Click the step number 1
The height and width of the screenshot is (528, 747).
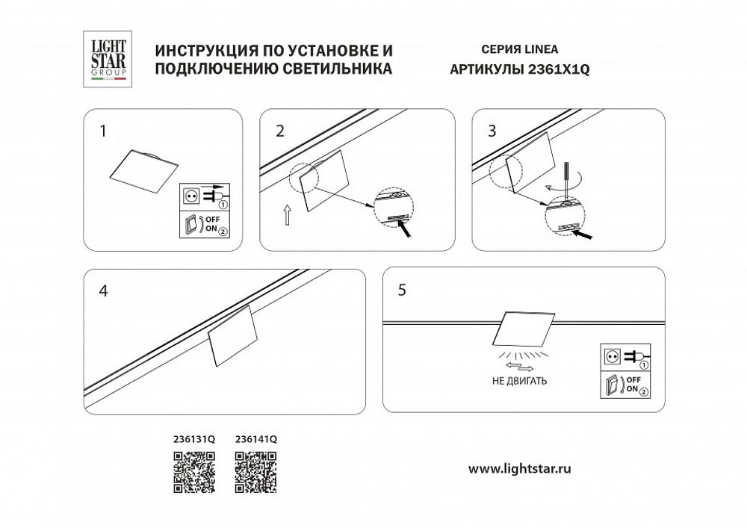click(x=103, y=131)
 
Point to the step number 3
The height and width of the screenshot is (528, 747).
click(x=492, y=131)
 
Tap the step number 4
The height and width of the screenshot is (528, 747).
click(x=103, y=292)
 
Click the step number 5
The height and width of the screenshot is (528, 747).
click(x=403, y=291)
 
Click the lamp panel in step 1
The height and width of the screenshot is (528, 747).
click(x=142, y=170)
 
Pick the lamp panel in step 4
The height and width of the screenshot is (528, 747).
click(x=232, y=338)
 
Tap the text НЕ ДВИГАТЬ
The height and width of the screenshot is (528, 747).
click(x=521, y=380)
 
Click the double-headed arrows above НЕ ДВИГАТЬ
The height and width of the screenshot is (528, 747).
click(x=521, y=367)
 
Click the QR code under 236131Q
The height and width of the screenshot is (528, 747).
click(x=194, y=473)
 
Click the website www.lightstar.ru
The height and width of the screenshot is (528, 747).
click(x=520, y=469)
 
